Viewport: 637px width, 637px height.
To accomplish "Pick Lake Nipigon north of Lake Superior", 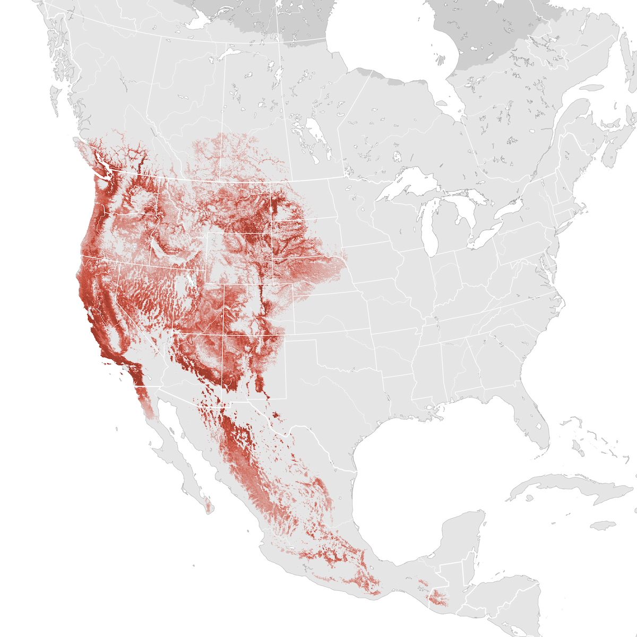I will [x=396, y=157].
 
